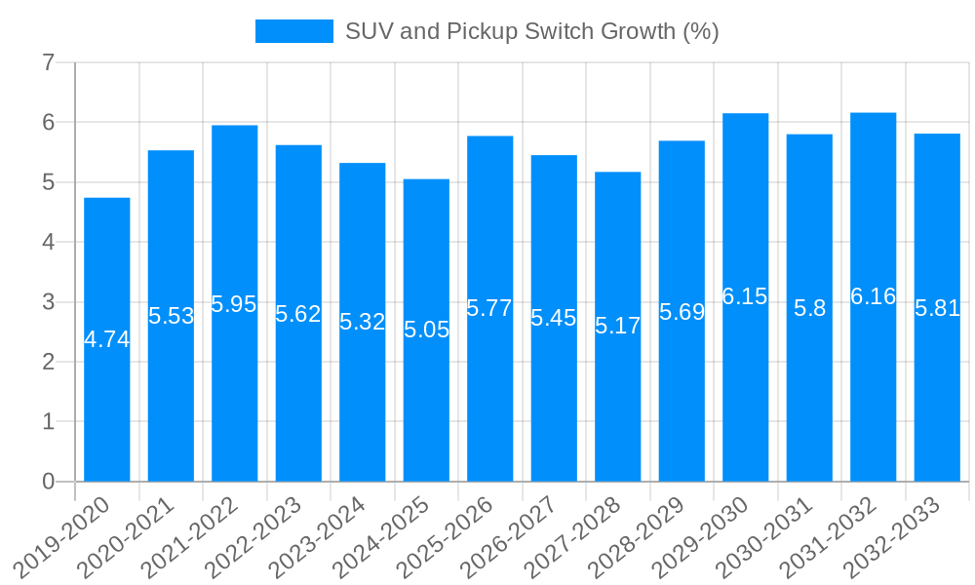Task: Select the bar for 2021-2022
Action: pyautogui.click(x=235, y=390)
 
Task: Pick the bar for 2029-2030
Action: pyautogui.click(x=746, y=390)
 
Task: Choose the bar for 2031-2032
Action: pyautogui.click(x=874, y=390)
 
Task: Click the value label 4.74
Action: pyautogui.click(x=107, y=340)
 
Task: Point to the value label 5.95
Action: pyautogui.click(x=234, y=304)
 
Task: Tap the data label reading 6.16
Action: pyautogui.click(x=874, y=297)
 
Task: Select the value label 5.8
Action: pyautogui.click(x=809, y=309)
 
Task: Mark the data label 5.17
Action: pyautogui.click(x=618, y=327)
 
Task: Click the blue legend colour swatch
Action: pyautogui.click(x=293, y=31)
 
